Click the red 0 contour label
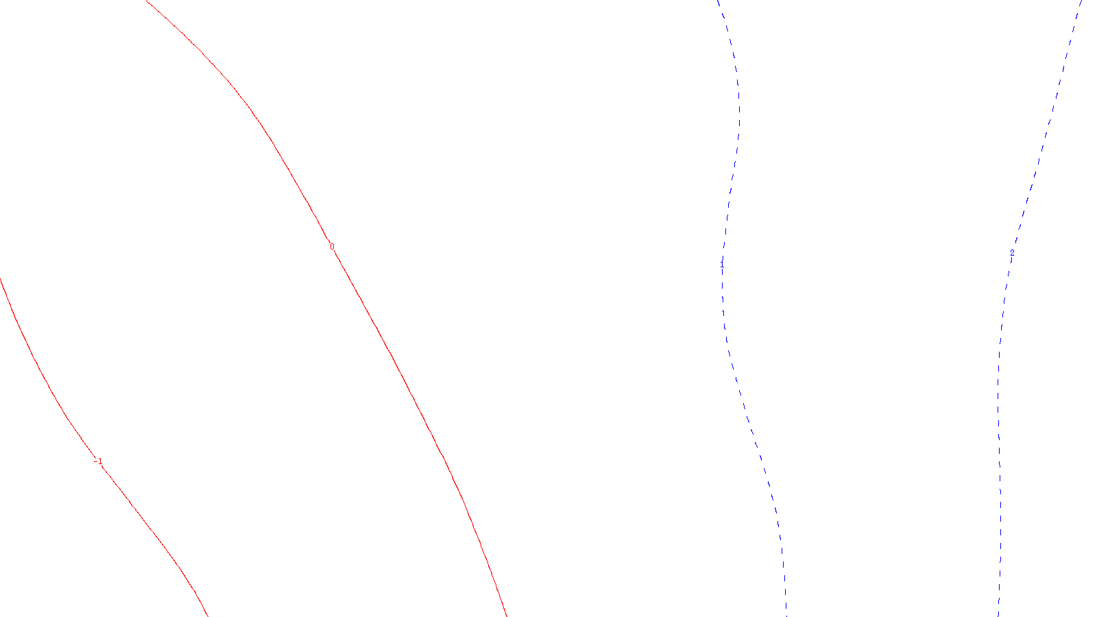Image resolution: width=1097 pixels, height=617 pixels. [333, 247]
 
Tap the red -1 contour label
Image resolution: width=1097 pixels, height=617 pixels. [99, 461]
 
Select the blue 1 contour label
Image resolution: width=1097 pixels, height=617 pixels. [721, 263]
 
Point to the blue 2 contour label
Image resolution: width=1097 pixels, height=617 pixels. [1012, 252]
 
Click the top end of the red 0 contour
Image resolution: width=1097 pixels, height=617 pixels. [147, 1]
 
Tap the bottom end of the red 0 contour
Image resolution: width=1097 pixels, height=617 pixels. [507, 615]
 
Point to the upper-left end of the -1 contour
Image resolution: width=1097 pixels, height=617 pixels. [1, 279]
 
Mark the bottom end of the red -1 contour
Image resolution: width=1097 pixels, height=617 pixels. [207, 615]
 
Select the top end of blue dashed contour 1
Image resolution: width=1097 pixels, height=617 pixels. [718, 1]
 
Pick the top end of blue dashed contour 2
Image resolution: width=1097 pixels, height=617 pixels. [1081, 1]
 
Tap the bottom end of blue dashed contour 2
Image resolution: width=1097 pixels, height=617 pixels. [998, 614]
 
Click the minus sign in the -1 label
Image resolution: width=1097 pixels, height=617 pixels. [95, 461]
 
